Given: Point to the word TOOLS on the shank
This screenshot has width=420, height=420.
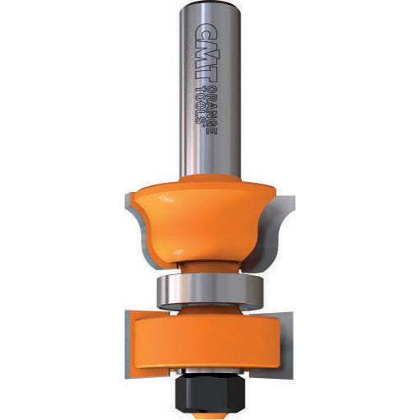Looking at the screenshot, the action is (200, 105).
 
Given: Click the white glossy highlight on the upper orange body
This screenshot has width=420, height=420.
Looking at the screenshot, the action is (167, 200).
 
